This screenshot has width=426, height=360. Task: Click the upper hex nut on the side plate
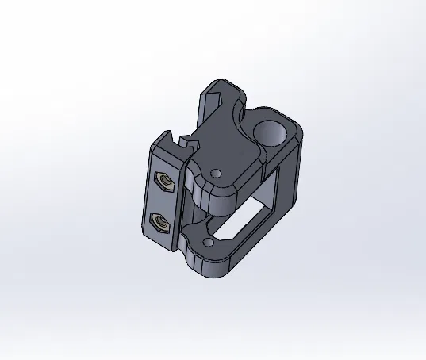click(x=163, y=182)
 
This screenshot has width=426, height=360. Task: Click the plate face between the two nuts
click(x=163, y=202)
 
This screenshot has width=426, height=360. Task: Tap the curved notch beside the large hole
click(x=246, y=117)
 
